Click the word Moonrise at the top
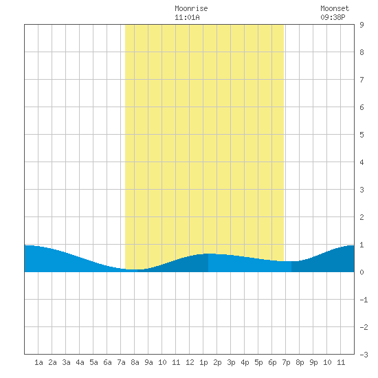[191, 8]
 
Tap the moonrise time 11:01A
[187, 17]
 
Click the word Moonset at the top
[335, 8]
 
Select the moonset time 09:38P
[333, 17]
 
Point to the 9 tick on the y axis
[362, 25]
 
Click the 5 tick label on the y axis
[362, 135]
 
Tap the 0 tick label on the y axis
[362, 272]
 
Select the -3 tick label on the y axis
[364, 355]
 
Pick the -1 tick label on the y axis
[364, 300]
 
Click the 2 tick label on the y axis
[362, 217]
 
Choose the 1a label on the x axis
[38, 362]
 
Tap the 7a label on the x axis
[121, 362]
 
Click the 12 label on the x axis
[190, 362]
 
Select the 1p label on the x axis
[203, 362]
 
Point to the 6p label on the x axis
[272, 362]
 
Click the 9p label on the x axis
[313, 362]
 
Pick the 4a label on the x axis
[80, 362]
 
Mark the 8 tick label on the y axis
[362, 52]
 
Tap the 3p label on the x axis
[231, 362]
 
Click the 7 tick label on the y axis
[362, 80]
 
